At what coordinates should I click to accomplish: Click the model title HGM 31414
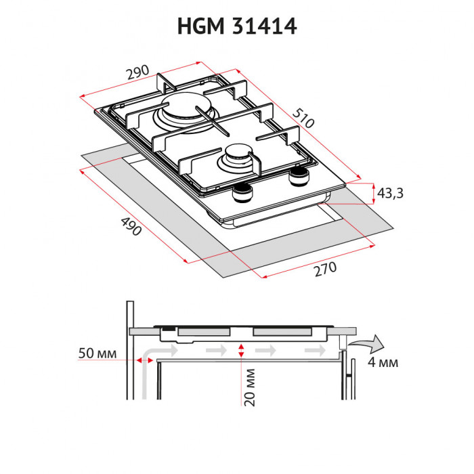(237, 26)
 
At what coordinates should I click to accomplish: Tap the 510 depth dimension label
(304, 119)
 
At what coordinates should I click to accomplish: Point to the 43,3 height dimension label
(390, 194)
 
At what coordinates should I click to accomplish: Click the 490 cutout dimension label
(129, 225)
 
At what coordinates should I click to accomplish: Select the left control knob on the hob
(242, 195)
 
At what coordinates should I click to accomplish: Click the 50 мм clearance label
(98, 354)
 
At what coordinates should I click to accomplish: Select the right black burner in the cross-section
(282, 332)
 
